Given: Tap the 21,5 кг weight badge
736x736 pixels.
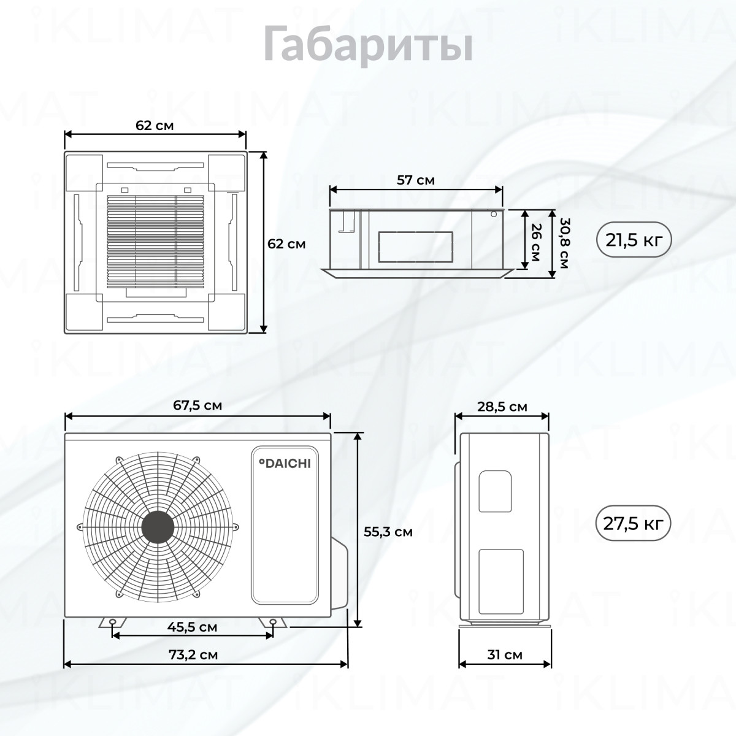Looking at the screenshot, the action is tap(633, 239).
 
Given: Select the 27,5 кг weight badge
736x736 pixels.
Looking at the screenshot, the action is tap(633, 523).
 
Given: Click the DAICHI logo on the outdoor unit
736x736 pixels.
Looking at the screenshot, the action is tap(285, 463).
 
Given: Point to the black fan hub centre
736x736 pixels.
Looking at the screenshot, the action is tap(158, 527).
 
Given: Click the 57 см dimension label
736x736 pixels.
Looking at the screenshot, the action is tap(416, 180).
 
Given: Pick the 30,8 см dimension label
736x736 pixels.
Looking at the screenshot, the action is tap(564, 243).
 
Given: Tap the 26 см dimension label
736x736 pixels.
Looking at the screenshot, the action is tap(536, 242).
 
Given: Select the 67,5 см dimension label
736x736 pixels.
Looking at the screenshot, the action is tap(197, 405).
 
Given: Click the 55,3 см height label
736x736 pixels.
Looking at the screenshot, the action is tap(388, 532).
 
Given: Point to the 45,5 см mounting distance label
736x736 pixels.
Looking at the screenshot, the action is tap(192, 627).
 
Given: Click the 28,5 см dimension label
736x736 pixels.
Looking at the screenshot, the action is tap(502, 407).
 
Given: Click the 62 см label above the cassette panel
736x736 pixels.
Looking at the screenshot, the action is tap(155, 125).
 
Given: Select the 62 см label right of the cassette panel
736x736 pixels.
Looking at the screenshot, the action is tap(286, 243).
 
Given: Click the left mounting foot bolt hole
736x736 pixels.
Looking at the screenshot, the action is tap(113, 623).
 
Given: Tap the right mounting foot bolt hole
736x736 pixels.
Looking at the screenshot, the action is tap(273, 623).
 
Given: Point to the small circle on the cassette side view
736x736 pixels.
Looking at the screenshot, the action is tap(494, 214).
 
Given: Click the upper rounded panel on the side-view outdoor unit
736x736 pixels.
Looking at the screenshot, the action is tap(495, 491).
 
